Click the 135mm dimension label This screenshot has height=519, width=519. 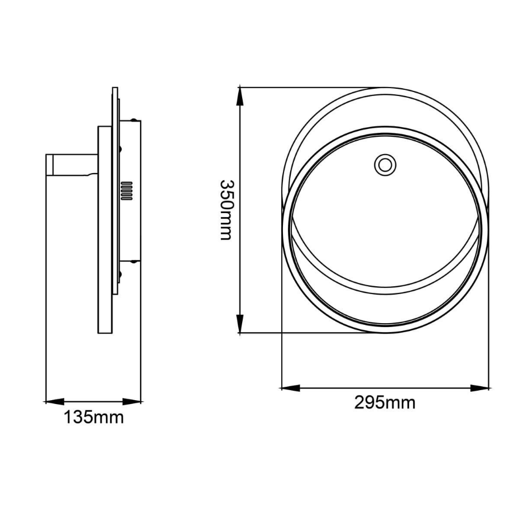(94, 417)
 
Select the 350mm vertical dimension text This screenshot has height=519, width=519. (227, 210)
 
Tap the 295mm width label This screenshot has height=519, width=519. (385, 403)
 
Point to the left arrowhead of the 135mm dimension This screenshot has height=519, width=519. (54, 402)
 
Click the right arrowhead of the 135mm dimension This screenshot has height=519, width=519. (132, 402)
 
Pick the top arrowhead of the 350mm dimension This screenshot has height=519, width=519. (239, 96)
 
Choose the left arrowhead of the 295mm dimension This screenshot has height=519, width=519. (291, 388)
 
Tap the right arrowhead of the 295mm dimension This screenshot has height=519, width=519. (479, 388)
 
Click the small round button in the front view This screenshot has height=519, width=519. (385, 165)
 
